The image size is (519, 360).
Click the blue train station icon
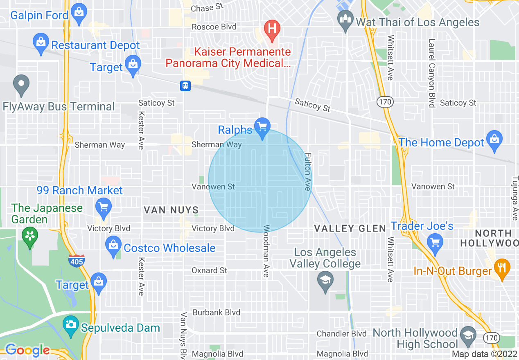[185, 85]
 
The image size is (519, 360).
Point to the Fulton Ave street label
[307, 172]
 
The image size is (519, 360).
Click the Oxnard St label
[210, 270]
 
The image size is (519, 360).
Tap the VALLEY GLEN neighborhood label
[350, 228]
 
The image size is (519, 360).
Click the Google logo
[27, 351]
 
